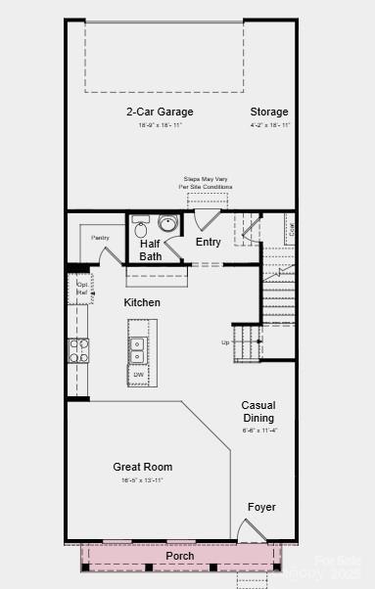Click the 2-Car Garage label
pyautogui.click(x=160, y=112)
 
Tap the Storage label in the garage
pyautogui.click(x=269, y=112)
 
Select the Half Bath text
pyautogui.click(x=150, y=249)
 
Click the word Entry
pyautogui.click(x=208, y=243)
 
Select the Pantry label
pyautogui.click(x=99, y=238)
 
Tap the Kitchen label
pyautogui.click(x=142, y=302)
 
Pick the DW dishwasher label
pyautogui.click(x=138, y=374)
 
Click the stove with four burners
pyautogui.click(x=78, y=350)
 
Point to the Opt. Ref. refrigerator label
pyautogui.click(x=82, y=289)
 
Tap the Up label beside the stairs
pyautogui.click(x=226, y=342)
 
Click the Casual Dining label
pyautogui.click(x=258, y=411)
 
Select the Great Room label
pyautogui.click(x=143, y=467)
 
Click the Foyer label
pyautogui.click(x=261, y=507)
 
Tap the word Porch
pyautogui.click(x=179, y=556)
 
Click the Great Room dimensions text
pyautogui.click(x=143, y=480)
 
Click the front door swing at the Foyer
pyautogui.click(x=252, y=531)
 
